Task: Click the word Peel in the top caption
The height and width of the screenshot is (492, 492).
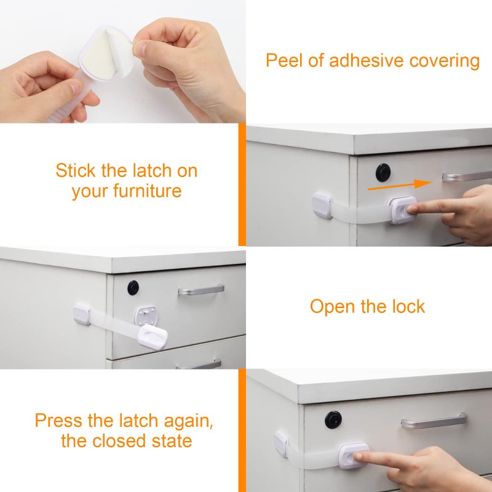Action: pos(282,61)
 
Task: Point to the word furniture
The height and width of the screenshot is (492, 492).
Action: pos(147,191)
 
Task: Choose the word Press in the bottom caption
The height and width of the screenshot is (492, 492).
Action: pos(58,421)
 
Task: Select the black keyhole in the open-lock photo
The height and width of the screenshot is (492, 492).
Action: pos(133,287)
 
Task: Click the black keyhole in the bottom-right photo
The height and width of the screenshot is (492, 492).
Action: pos(333,420)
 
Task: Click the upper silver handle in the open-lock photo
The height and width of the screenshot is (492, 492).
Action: pos(201,290)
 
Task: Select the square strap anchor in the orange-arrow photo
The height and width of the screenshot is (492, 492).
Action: pos(322,205)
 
